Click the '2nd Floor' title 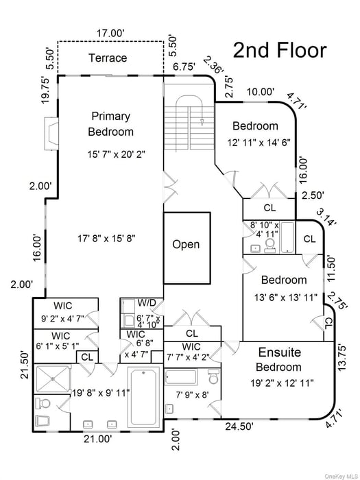pos(279,50)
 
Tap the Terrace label pos(108,58)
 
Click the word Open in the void pos(186,245)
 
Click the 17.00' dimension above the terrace pos(110,33)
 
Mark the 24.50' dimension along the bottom pos(240,426)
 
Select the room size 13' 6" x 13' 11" pos(283,296)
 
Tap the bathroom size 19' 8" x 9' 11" pos(99,393)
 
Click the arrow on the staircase pos(202,122)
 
